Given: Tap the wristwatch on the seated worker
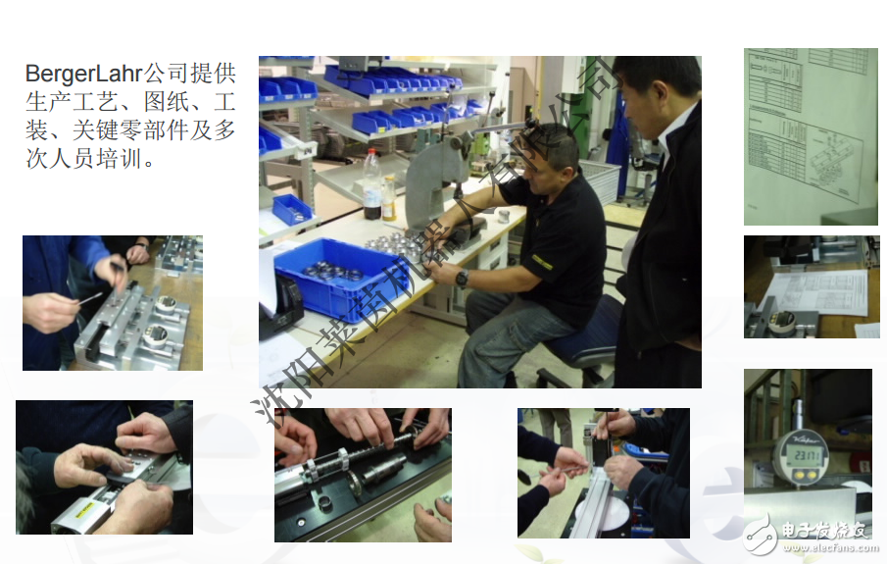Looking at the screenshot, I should pyautogui.click(x=462, y=278).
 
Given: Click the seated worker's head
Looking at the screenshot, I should pyautogui.click(x=552, y=151).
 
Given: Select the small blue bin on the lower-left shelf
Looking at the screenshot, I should pyautogui.click(x=291, y=209).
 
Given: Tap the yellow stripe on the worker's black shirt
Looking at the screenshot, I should pyautogui.click(x=542, y=261).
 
